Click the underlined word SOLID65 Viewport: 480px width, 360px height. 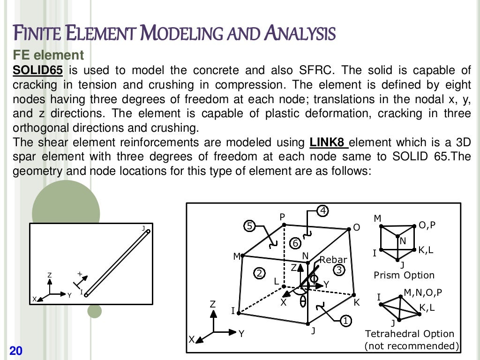37,71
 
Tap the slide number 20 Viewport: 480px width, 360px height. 16,351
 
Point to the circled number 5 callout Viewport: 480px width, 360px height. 250,226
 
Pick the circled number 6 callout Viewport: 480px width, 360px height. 295,243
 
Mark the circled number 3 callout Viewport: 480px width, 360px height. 339,270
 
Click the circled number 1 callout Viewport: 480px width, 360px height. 345,321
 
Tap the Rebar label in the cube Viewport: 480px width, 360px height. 333,260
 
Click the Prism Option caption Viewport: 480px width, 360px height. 404,275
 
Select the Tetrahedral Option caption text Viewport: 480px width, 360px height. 410,334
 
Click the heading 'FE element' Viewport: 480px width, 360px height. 48,55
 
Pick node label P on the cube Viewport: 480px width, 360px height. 282,217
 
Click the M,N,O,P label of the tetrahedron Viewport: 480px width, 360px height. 423,293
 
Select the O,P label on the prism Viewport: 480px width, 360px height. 427,225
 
